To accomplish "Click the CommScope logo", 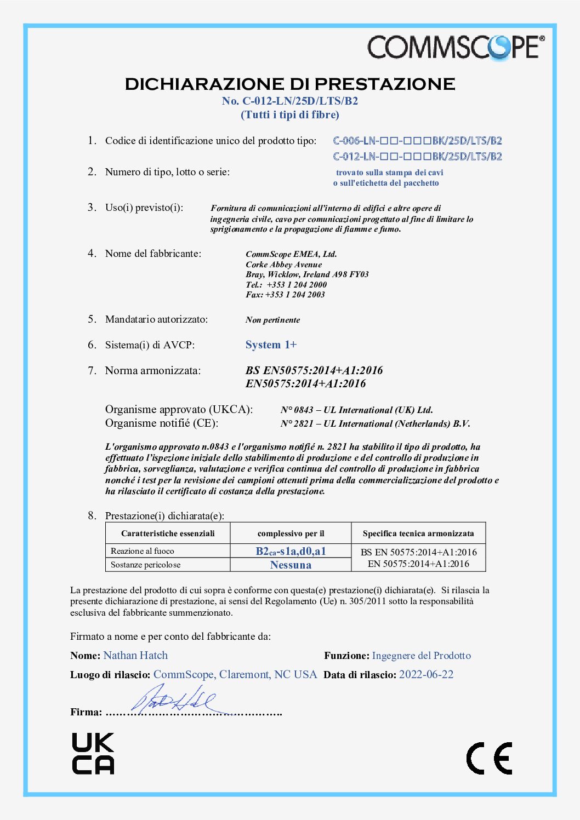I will [x=456, y=47].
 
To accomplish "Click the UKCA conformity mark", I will [x=93, y=753].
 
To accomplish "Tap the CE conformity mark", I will [x=489, y=758].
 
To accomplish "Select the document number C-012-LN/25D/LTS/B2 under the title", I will [x=290, y=101].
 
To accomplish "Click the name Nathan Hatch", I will [x=135, y=656].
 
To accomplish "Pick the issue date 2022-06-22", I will [x=426, y=675].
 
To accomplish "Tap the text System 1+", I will [x=271, y=345].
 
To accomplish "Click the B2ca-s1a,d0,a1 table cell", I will [x=291, y=551].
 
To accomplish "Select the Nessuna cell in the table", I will [x=291, y=565].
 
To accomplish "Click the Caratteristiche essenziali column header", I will [x=168, y=534].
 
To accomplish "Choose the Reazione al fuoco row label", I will [x=143, y=551].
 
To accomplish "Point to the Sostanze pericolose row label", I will [x=145, y=565].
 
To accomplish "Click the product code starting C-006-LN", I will [x=417, y=141].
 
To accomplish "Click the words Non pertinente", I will [x=272, y=320].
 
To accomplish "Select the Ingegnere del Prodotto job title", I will [x=421, y=656].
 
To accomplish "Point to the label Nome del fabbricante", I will [x=153, y=254].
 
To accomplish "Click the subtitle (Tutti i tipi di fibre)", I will [x=290, y=115].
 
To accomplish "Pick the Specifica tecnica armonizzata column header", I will [x=418, y=534].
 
